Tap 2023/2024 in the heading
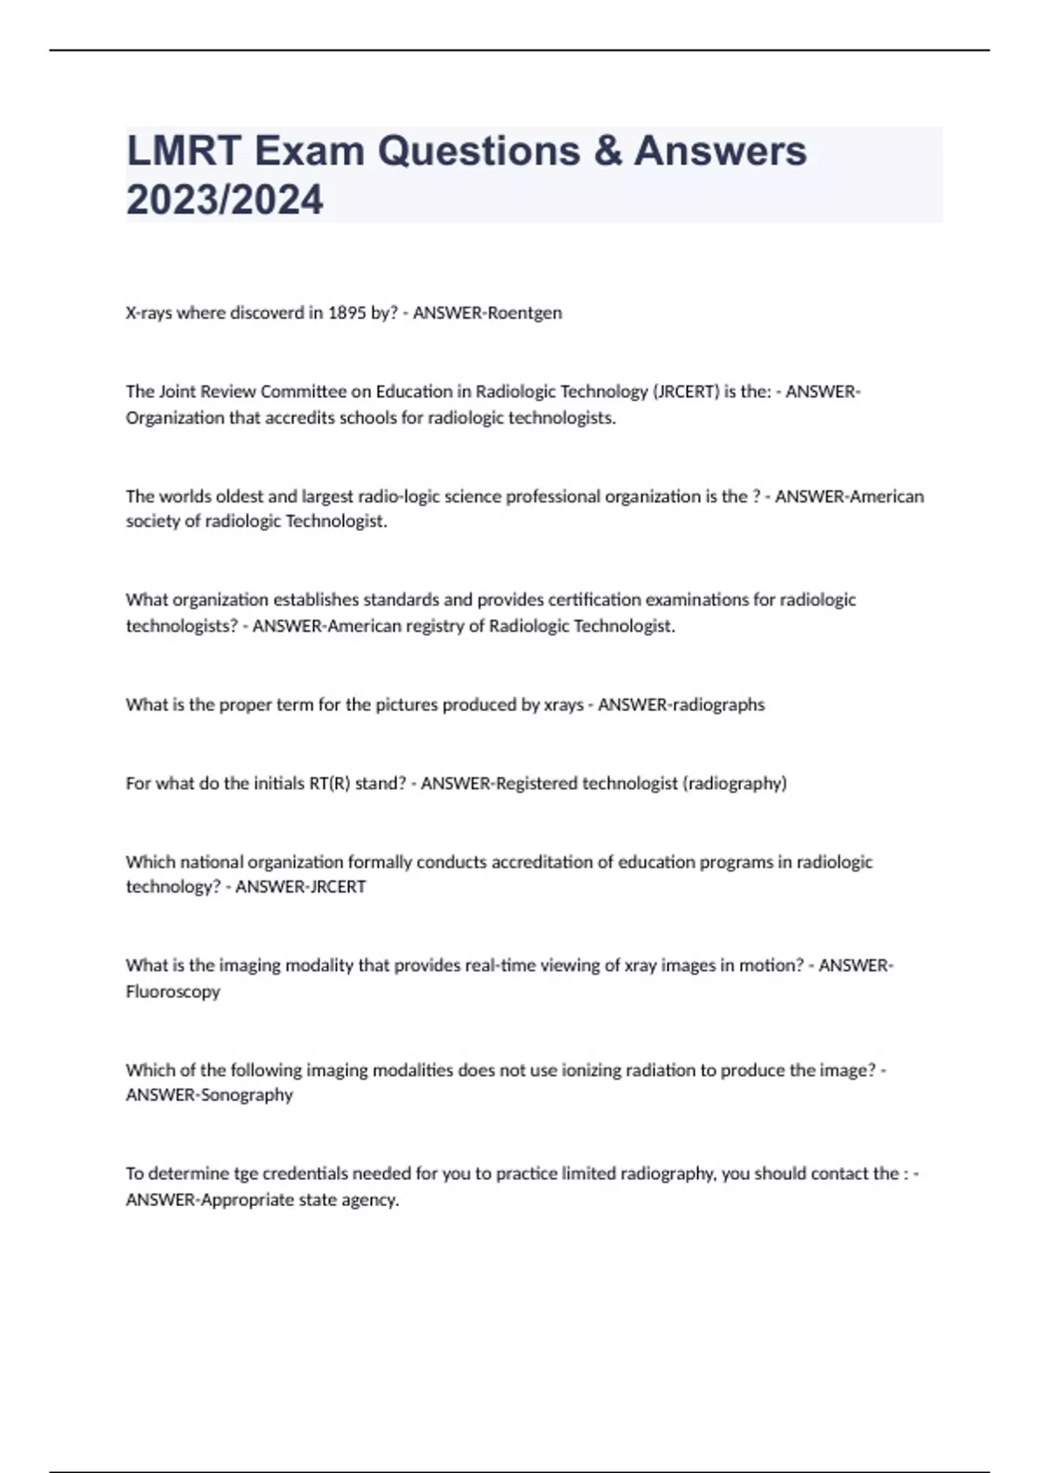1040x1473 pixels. [224, 200]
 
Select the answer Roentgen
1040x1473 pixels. [524, 313]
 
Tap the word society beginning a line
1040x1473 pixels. [153, 522]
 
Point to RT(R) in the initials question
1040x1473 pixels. [328, 783]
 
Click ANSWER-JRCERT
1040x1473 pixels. [301, 886]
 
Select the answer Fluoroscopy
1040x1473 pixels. [172, 991]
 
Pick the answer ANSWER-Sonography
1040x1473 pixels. [209, 1095]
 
